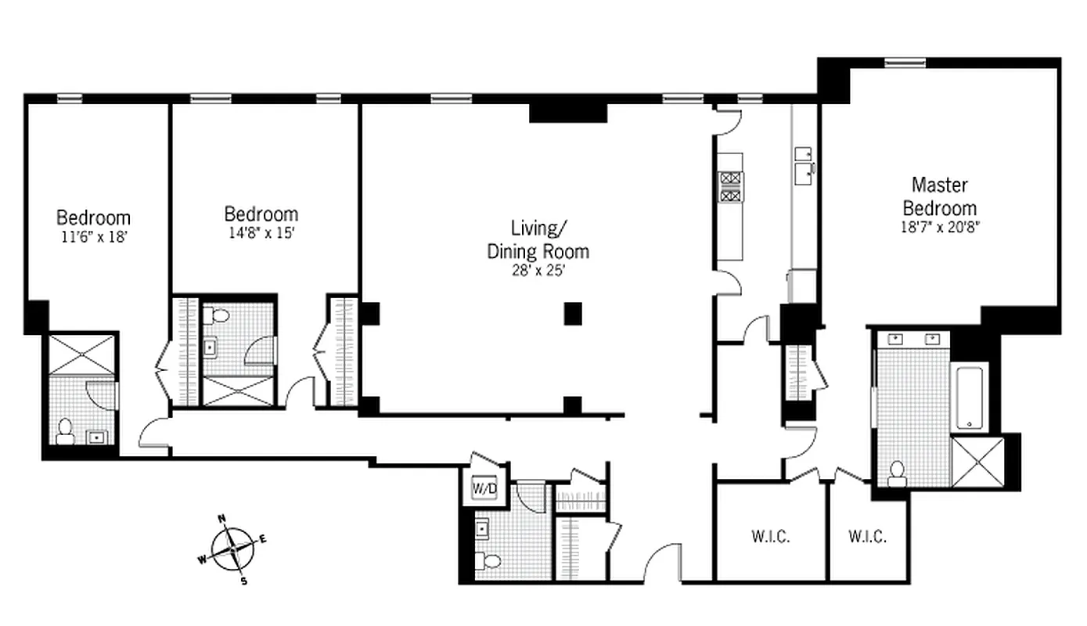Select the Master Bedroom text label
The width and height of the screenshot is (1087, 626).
(x=940, y=196)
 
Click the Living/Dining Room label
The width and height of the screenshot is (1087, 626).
(x=538, y=239)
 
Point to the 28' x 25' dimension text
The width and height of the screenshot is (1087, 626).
(x=538, y=271)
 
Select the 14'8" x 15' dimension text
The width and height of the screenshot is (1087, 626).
(x=261, y=232)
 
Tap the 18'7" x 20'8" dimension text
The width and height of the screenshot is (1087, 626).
(x=940, y=226)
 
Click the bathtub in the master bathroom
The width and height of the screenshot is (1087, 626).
(x=969, y=396)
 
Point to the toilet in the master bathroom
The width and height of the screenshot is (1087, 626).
(x=897, y=472)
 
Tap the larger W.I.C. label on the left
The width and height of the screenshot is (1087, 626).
(x=771, y=537)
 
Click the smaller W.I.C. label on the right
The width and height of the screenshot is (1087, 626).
(x=868, y=537)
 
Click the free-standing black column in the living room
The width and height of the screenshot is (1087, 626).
(x=574, y=313)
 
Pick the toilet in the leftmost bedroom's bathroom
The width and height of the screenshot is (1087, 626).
(x=65, y=430)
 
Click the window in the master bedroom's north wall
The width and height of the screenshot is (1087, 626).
(x=904, y=62)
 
